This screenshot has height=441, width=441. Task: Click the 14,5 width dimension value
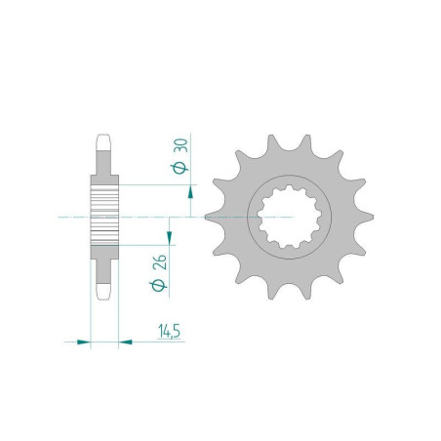[169, 331]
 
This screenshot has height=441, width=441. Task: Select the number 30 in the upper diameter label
[180, 145]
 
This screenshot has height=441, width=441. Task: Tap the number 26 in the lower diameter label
[160, 262]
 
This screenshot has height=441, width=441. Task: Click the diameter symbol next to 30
[180, 168]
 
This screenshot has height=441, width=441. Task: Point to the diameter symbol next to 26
[158, 286]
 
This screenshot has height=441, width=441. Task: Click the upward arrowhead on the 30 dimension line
[190, 192]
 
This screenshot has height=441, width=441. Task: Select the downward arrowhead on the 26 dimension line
[169, 237]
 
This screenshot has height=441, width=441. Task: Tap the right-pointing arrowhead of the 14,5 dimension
[83, 341]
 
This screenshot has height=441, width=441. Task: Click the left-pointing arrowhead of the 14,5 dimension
[126, 341]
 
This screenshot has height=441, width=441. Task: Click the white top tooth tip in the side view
[103, 142]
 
